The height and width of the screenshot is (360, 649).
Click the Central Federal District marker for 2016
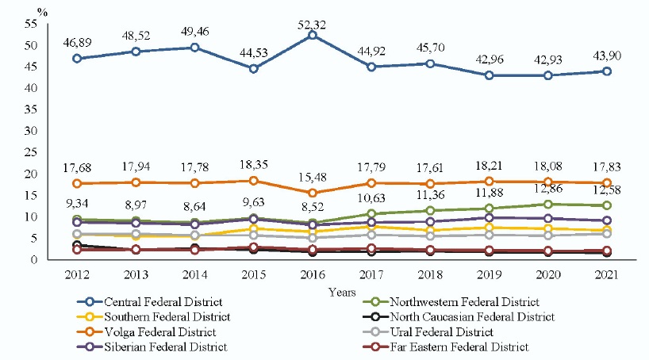314,36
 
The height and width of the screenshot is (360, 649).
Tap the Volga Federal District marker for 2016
314,193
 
